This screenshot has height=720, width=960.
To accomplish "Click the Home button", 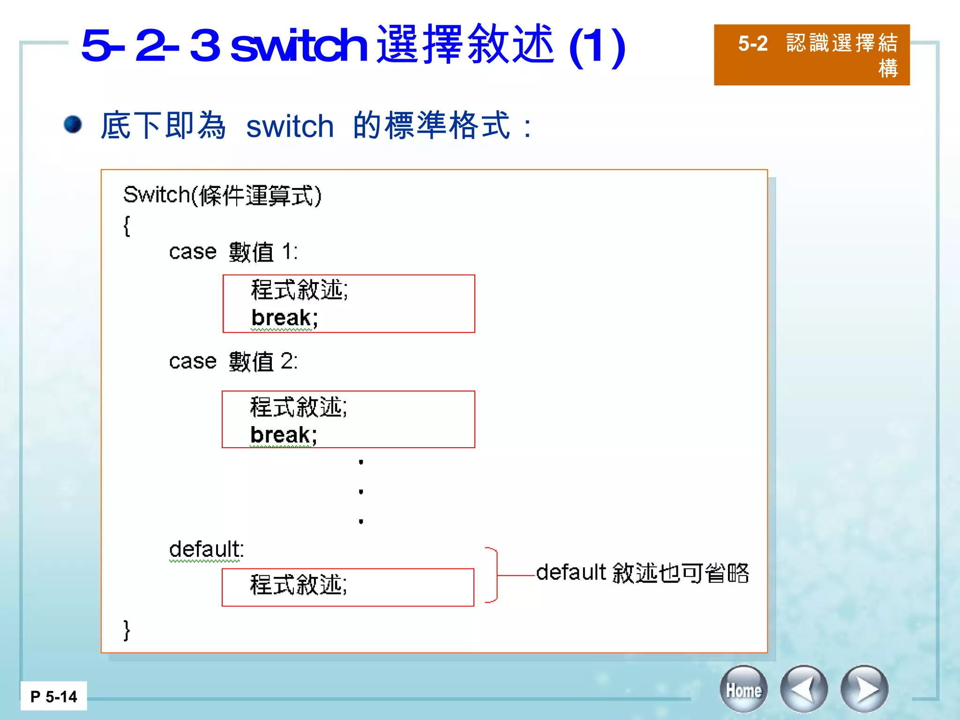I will [x=743, y=690].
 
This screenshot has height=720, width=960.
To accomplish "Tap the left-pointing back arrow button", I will [x=803, y=690].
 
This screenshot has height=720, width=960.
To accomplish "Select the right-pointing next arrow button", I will [x=864, y=690].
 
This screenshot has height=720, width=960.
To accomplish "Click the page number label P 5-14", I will [x=53, y=697].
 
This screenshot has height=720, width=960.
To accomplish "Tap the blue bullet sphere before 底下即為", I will [x=73, y=125].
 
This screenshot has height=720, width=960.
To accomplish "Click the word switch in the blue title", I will [x=299, y=45].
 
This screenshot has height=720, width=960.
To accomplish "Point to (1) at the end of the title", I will [x=597, y=47].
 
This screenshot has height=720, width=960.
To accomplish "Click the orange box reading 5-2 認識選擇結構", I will [x=811, y=55].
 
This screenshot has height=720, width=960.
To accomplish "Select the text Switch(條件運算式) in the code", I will [x=222, y=195].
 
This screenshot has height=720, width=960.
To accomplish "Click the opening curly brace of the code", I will [x=127, y=226].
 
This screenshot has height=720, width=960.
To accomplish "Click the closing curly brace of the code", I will [x=127, y=630].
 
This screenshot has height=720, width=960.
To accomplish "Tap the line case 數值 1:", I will [x=233, y=252].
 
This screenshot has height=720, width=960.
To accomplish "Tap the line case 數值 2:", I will [x=233, y=361].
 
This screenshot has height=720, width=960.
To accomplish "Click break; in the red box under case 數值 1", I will [x=285, y=318].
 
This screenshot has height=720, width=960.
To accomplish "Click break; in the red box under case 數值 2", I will [x=284, y=435].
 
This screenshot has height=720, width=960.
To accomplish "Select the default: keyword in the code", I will [x=206, y=549].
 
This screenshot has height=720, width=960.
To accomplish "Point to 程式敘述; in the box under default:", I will [x=299, y=585].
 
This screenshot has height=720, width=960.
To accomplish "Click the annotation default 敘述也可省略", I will [x=642, y=573].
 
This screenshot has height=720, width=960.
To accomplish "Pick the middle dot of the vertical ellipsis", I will [x=361, y=492].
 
